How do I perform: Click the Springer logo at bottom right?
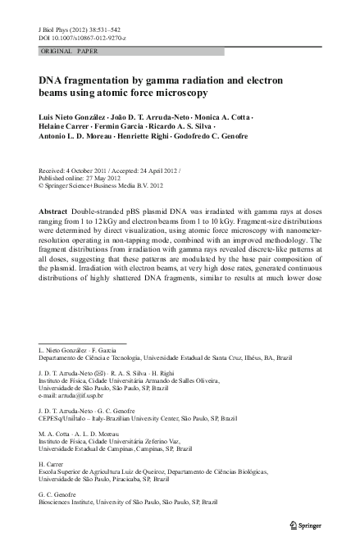click(x=308, y=523)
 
